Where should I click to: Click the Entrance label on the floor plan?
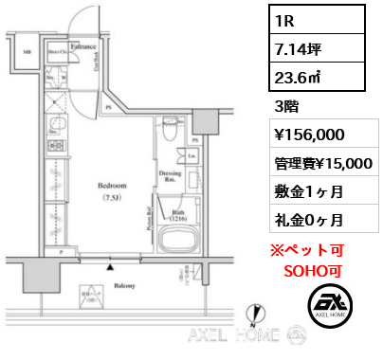[x=81, y=44]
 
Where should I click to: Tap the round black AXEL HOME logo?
[x=329, y=304]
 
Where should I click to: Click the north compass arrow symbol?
[x=253, y=313]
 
